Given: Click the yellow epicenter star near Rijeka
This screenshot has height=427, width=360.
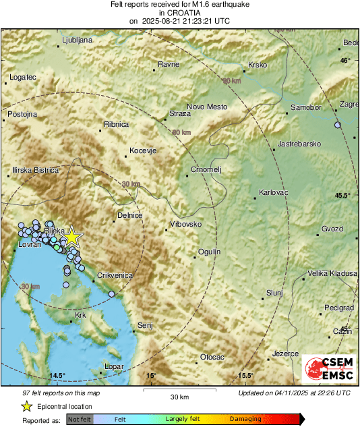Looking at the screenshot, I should [72, 237].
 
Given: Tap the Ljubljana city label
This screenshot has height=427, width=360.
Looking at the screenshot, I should [76, 40].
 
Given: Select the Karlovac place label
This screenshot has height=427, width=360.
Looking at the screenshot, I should [273, 193].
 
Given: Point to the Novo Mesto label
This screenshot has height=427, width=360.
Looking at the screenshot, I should [207, 107].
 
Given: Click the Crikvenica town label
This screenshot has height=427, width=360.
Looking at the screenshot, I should [116, 275].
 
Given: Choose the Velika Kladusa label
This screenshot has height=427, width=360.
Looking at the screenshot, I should [332, 273].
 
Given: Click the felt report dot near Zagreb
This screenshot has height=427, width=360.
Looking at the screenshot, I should [338, 125].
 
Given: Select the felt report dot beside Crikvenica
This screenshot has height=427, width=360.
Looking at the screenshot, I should [112, 293].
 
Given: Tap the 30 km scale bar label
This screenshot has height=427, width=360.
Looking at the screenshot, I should [179, 397].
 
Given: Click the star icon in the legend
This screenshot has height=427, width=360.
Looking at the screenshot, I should [26, 406].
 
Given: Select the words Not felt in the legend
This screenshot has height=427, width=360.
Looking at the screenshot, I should [79, 419].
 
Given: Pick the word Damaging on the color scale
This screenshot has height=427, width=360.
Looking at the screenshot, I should [245, 419].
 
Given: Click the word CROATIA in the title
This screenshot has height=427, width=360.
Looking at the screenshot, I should [179, 13].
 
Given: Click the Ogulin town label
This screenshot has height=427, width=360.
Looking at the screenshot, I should [209, 252].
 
